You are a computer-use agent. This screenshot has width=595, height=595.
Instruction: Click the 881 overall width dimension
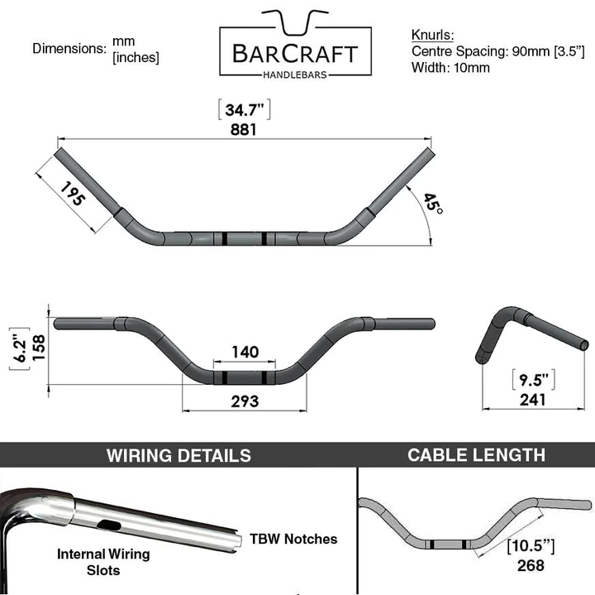click(244, 130)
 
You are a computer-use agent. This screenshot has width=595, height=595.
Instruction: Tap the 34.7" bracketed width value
click(245, 110)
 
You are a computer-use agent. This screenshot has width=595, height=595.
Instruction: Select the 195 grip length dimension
click(73, 194)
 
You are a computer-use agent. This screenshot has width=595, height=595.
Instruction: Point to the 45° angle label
click(433, 204)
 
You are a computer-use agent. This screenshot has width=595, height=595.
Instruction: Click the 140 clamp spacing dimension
click(245, 352)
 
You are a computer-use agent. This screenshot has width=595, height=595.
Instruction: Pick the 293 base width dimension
click(245, 401)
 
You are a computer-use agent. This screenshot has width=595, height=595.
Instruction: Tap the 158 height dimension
click(39, 348)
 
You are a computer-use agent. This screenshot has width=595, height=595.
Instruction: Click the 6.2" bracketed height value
click(20, 348)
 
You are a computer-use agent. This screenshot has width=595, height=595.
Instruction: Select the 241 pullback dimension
click(533, 400)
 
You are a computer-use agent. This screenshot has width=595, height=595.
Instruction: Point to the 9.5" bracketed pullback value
click(534, 380)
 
